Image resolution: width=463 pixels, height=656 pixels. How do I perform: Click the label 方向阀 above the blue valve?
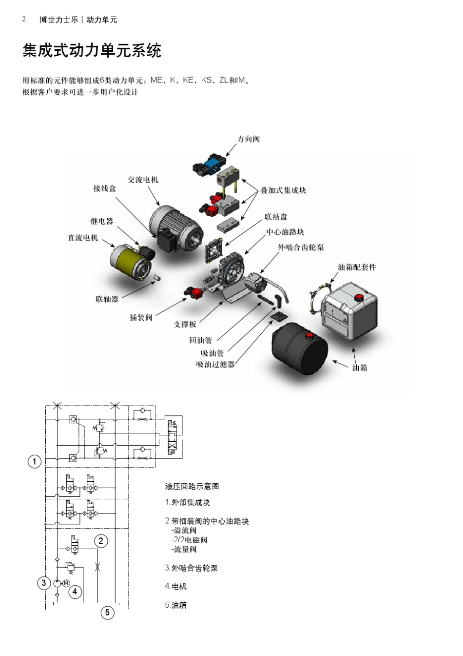(x=249, y=139)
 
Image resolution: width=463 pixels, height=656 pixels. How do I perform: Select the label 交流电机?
(x=143, y=180)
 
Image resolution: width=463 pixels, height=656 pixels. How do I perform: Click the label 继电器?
(x=102, y=221)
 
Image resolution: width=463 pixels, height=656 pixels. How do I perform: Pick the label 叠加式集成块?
(x=283, y=190)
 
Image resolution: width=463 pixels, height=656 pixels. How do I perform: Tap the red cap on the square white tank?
(x=358, y=297)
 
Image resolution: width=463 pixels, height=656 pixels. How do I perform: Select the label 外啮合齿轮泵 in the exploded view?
(x=301, y=247)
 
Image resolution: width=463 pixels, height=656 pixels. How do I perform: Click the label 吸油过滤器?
(x=215, y=364)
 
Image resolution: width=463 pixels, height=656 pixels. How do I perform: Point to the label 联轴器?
(x=107, y=299)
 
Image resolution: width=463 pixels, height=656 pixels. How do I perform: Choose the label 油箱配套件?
(x=357, y=267)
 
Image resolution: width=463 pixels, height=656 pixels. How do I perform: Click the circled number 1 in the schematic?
(x=35, y=462)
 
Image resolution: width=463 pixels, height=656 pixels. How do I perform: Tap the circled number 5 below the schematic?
(x=107, y=613)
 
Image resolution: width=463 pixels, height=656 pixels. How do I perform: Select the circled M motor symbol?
(x=66, y=583)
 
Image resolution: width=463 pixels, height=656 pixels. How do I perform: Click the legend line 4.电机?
(x=175, y=586)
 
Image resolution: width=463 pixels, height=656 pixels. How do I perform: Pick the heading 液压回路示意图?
(x=192, y=487)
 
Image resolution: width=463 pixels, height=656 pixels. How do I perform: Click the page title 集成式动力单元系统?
(x=92, y=50)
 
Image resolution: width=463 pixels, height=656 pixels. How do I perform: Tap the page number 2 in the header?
(x=24, y=19)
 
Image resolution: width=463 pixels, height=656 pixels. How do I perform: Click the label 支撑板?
(x=185, y=324)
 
